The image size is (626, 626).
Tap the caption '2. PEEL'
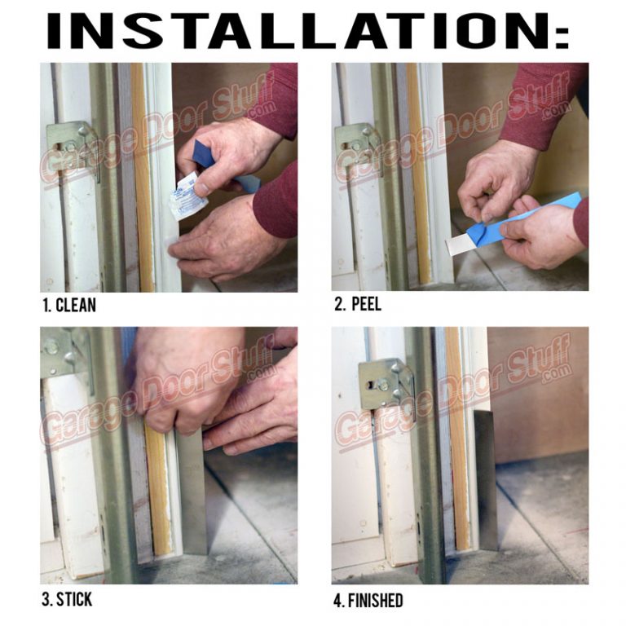358,306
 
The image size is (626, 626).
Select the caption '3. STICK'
67,601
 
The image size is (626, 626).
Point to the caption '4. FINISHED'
368,601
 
